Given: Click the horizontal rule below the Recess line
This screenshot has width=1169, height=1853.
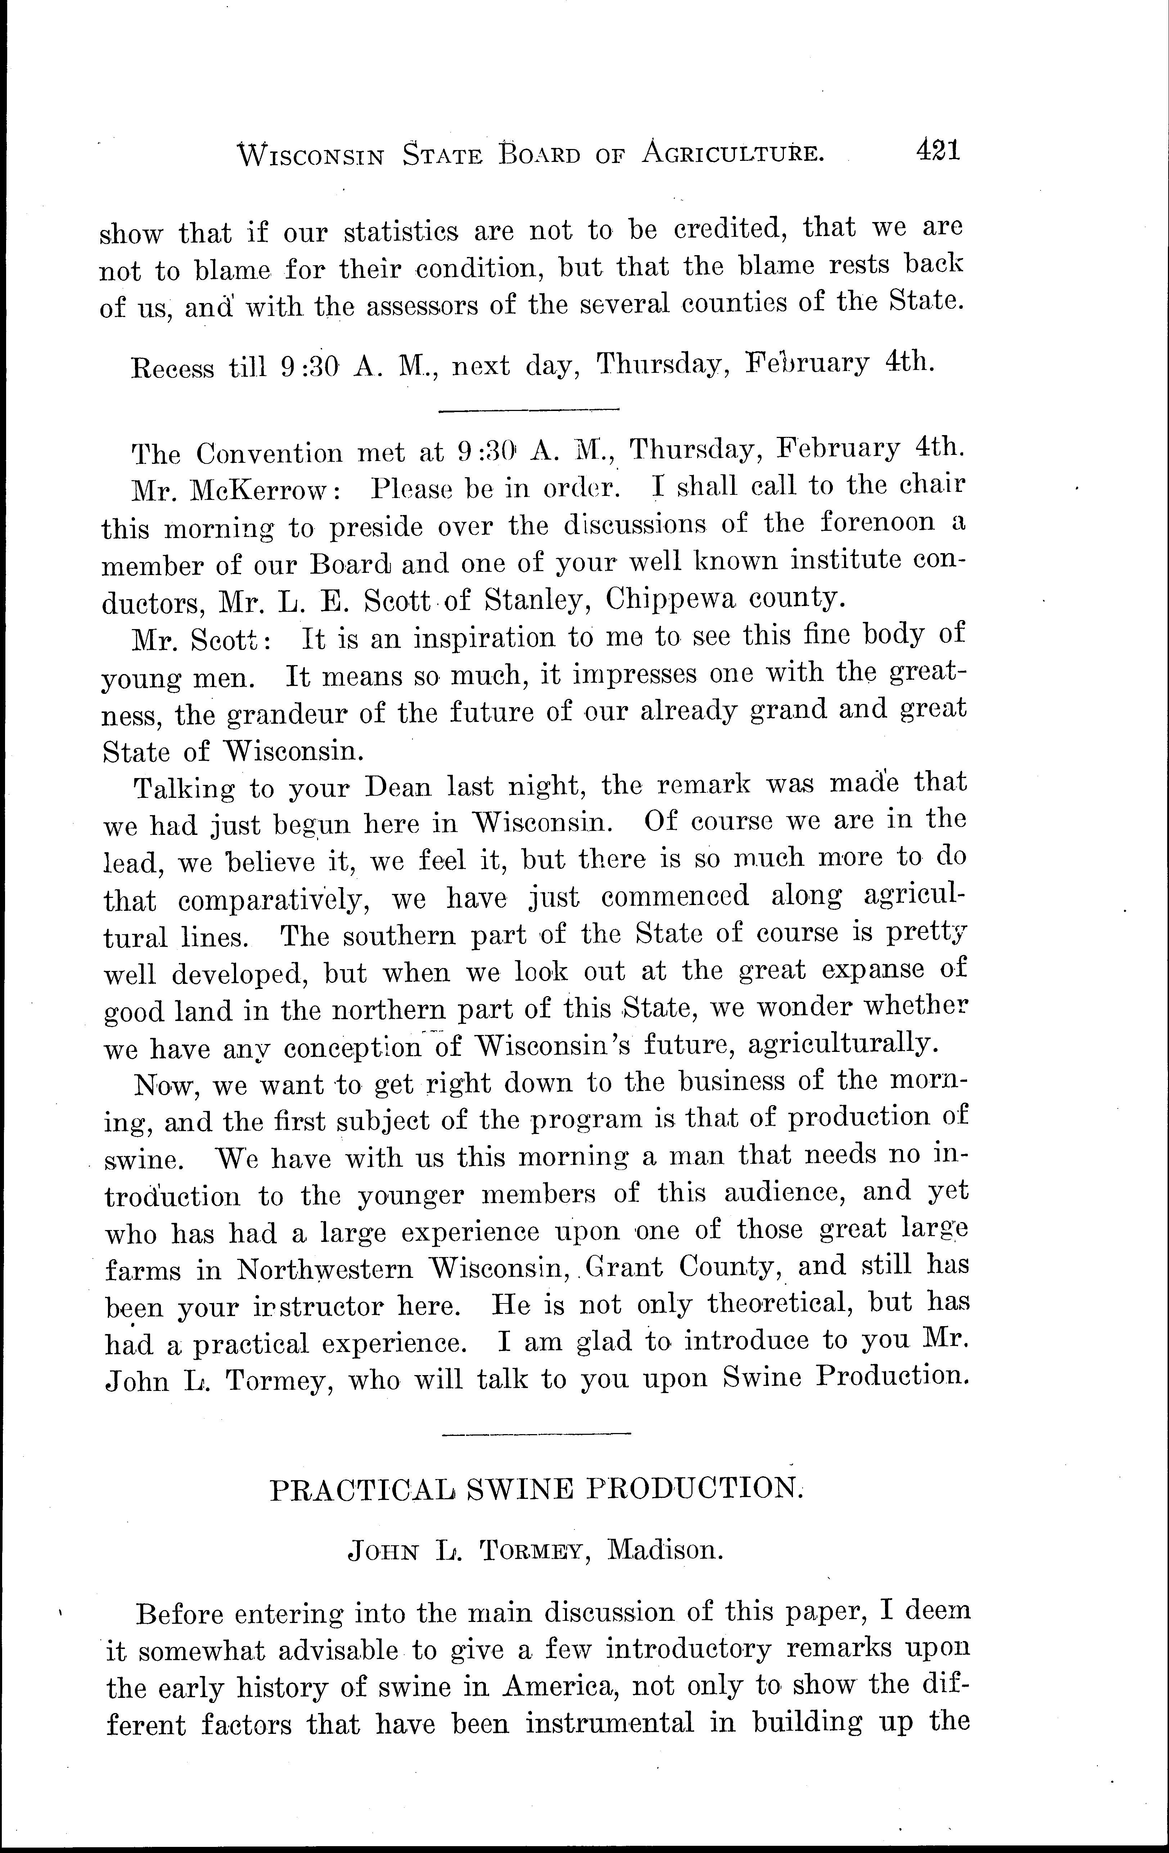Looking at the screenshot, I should [528, 410].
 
